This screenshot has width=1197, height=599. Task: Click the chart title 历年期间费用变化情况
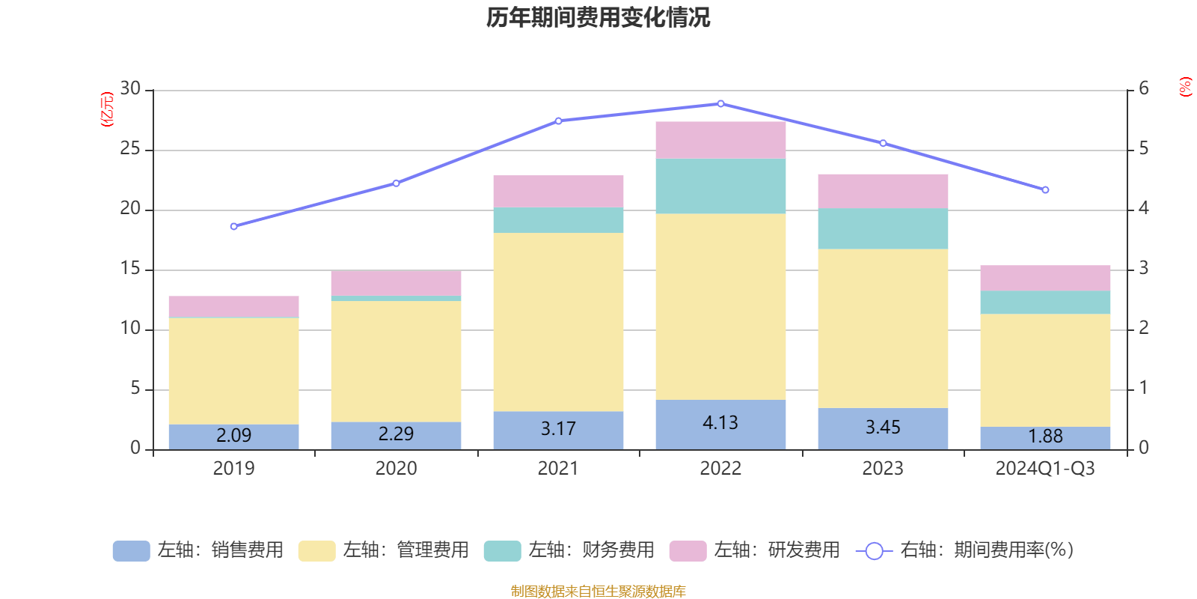598,17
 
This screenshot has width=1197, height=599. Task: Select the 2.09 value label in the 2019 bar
233,435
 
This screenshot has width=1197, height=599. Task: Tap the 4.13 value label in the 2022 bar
720,423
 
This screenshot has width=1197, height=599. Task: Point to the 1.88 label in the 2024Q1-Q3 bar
1045,437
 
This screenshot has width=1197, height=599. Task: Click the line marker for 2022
720,104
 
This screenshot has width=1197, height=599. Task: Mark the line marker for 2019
233,226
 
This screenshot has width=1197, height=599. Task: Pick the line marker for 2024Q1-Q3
1045,190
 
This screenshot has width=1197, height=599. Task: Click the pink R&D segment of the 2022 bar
720,140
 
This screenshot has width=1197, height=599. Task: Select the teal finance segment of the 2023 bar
883,228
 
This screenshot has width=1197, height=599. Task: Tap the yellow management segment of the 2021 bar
558,322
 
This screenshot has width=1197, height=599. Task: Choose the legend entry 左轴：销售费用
198,550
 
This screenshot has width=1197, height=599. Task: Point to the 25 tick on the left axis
130,150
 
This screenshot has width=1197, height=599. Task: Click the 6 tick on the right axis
1144,89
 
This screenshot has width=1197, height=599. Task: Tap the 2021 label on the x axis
558,469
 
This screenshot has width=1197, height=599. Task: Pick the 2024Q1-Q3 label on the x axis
1045,469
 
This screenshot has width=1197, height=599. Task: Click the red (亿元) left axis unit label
107,109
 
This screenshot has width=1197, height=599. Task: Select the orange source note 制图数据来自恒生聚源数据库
598,592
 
